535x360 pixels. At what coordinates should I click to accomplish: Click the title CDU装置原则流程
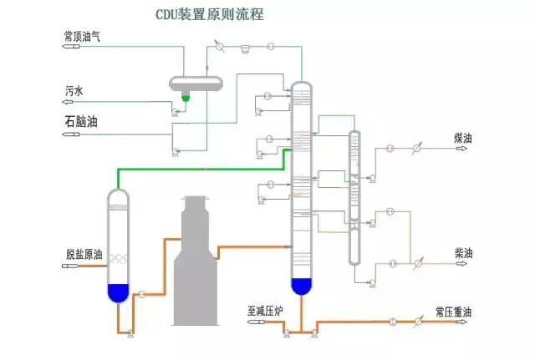pos(208,14)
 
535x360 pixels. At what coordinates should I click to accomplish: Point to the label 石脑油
pos(81,122)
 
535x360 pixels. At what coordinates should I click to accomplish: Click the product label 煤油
pos(464,137)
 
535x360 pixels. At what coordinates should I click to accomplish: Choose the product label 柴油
pos(464,251)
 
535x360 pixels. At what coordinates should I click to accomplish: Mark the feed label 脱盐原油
pos(84,255)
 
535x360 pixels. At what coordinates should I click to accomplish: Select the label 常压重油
pos(454,312)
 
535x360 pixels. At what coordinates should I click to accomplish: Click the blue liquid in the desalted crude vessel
pos(119,292)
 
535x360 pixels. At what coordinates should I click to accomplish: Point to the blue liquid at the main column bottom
pos(301,286)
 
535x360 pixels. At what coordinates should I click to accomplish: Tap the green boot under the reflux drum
pos(186,98)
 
